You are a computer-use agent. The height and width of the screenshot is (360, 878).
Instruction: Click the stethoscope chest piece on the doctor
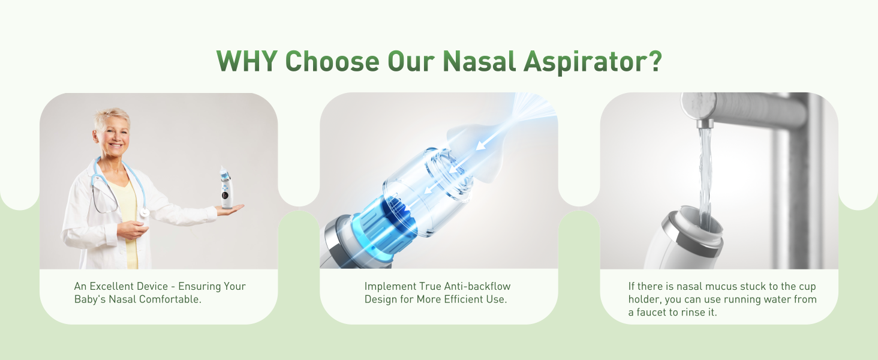pyautogui.click(x=145, y=213)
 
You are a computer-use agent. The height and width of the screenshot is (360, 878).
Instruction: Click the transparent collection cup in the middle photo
pyautogui.click(x=432, y=186)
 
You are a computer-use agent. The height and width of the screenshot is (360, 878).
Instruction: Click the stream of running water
pyautogui.click(x=706, y=174)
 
